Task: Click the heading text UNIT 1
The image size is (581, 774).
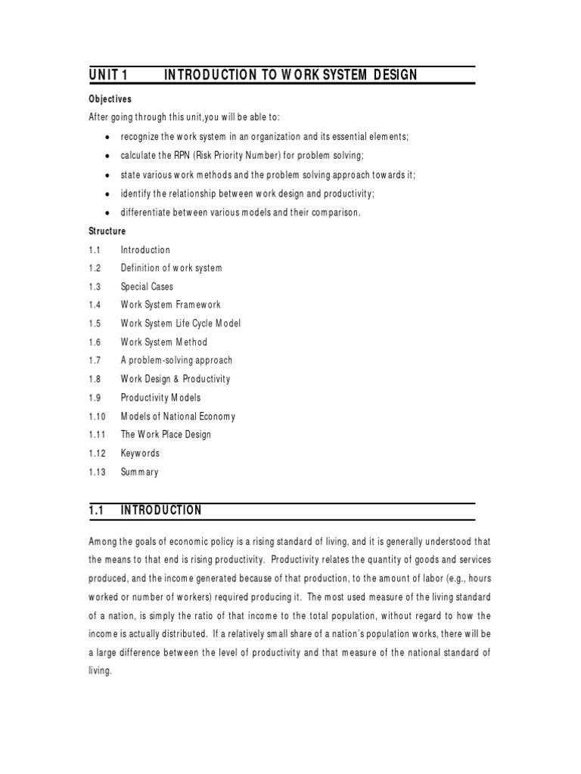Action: (110, 74)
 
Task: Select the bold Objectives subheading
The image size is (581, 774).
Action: (110, 99)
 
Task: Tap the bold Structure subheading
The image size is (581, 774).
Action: (107, 231)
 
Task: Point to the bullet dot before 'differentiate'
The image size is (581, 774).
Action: (108, 213)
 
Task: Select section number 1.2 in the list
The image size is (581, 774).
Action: (95, 268)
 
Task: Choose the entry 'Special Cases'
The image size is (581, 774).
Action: (147, 287)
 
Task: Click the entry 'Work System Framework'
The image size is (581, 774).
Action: (171, 305)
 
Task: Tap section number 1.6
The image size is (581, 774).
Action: (95, 342)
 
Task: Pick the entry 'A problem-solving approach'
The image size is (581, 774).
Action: (176, 361)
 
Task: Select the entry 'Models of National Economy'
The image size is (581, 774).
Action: (179, 416)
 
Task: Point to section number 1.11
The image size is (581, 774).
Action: (96, 435)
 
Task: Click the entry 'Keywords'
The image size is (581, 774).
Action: (140, 454)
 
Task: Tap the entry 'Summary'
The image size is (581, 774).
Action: (140, 472)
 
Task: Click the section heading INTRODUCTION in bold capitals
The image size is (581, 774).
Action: (161, 511)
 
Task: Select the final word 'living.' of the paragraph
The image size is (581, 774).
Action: (100, 670)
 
